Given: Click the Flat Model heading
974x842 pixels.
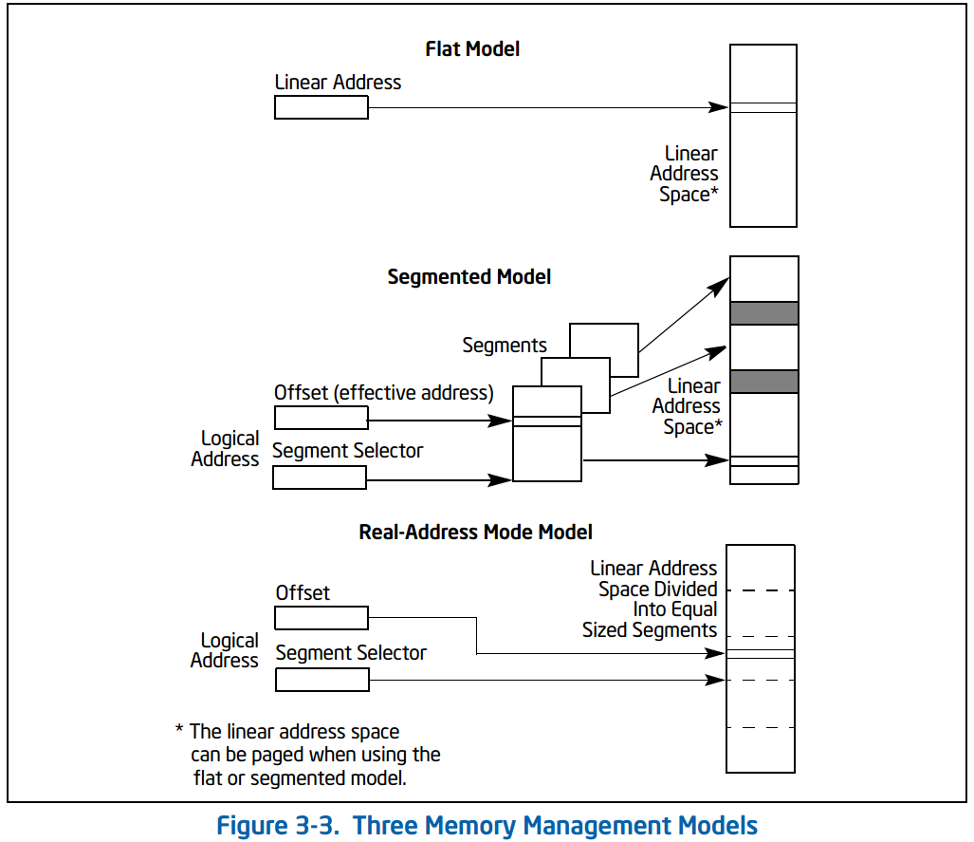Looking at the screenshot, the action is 472,48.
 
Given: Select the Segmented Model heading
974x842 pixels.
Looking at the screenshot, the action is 469,277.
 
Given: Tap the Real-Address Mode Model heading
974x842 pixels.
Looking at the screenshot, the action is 475,533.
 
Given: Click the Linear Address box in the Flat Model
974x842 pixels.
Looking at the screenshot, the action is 322,107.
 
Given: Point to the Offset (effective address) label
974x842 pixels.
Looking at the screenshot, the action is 384,393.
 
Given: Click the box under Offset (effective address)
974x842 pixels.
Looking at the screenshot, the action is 322,418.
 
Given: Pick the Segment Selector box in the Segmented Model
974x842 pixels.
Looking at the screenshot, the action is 320,477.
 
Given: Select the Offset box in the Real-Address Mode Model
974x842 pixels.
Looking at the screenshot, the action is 322,618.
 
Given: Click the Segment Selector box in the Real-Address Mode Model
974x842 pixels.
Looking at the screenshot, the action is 322,680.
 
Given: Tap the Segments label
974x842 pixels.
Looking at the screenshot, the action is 505,346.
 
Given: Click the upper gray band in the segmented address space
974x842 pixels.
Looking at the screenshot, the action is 764,313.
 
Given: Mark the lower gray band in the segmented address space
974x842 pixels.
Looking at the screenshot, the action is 764,382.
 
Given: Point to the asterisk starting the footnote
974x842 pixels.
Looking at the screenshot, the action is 179,728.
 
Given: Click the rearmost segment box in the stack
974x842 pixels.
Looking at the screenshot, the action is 604,350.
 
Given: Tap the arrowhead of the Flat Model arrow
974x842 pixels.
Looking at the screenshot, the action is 719,107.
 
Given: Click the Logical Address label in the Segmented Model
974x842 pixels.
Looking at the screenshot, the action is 225,448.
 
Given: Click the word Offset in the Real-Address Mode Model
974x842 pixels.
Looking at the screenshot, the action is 303,592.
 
